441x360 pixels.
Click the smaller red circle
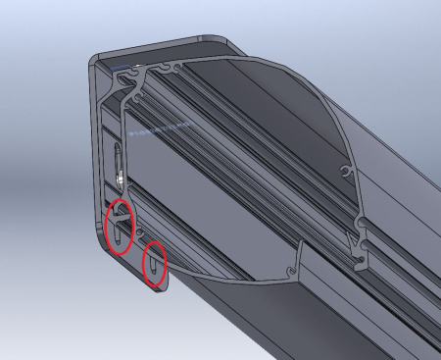(x=155, y=265)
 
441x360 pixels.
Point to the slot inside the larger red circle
(x=120, y=228)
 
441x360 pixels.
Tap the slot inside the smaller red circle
(x=155, y=265)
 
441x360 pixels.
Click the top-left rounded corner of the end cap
(x=97, y=60)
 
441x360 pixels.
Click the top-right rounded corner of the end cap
(x=218, y=39)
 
